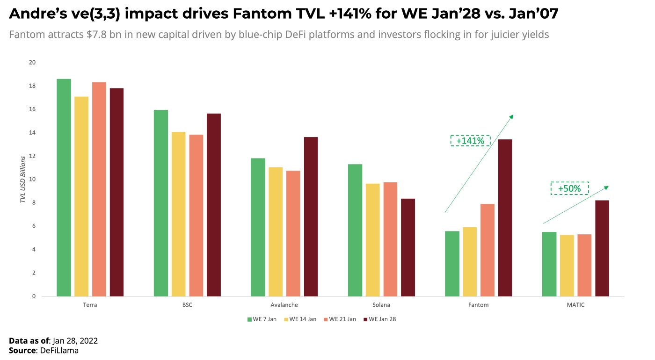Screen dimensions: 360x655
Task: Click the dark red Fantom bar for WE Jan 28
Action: tap(505, 217)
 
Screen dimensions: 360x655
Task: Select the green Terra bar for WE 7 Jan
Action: tap(64, 187)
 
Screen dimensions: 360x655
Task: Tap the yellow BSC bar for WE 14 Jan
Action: tap(178, 214)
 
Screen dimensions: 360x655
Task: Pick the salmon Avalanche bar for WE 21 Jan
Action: tap(293, 233)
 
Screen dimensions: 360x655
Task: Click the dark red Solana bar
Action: tap(408, 247)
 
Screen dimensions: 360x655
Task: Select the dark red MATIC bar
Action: tap(602, 248)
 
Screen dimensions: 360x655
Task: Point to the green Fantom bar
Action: tap(452, 264)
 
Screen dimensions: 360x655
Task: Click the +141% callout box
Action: tap(470, 141)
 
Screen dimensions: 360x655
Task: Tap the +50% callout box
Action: tap(569, 188)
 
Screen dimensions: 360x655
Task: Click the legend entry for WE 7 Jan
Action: tap(262, 319)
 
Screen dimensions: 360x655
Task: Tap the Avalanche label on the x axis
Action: tap(284, 305)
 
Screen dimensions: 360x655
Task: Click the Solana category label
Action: tap(381, 305)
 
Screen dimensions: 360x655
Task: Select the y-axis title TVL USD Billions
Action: tap(22, 180)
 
